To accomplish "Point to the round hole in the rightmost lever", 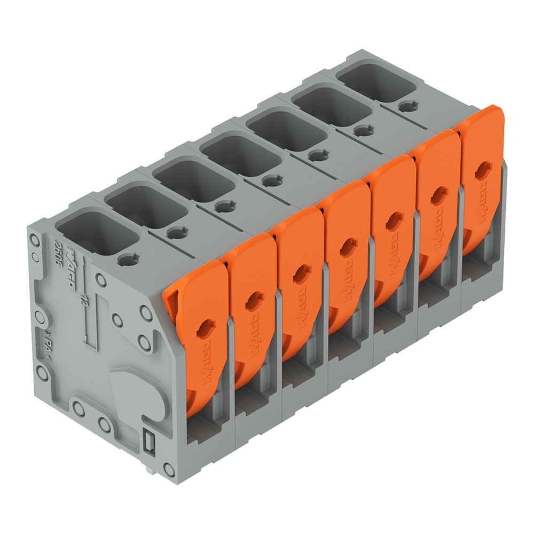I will point(483,170).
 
